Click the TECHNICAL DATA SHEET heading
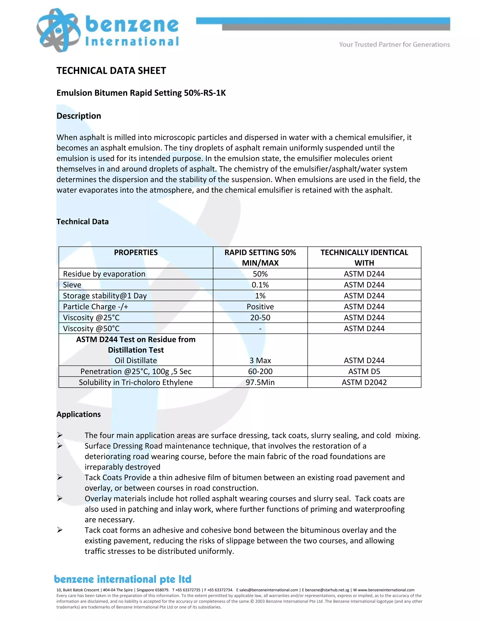[111, 71]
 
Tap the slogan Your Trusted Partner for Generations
[394, 44]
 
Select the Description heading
[79, 116]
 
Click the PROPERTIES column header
[136, 252]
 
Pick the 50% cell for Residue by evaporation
[260, 274]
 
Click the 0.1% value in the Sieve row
[260, 285]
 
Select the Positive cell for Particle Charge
[260, 307]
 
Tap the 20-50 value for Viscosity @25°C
[260, 317]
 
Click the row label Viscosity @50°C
[91, 328]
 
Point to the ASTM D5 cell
[364, 371]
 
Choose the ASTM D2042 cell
[364, 382]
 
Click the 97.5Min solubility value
[260, 382]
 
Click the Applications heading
[79, 414]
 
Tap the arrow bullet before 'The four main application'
[60, 435]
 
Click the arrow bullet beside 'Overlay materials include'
[60, 498]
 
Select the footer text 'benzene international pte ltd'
[123, 579]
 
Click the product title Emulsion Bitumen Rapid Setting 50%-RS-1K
[141, 93]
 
